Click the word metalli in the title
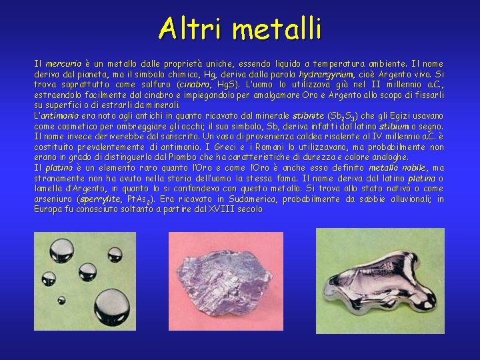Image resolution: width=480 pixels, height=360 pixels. click(278, 29)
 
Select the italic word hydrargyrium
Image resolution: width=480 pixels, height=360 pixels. click(327, 75)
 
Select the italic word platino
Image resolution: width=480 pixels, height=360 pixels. click(59, 168)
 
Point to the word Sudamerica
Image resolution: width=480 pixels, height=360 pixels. click(251, 199)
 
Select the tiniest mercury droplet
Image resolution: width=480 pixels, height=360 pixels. click(61, 301)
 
